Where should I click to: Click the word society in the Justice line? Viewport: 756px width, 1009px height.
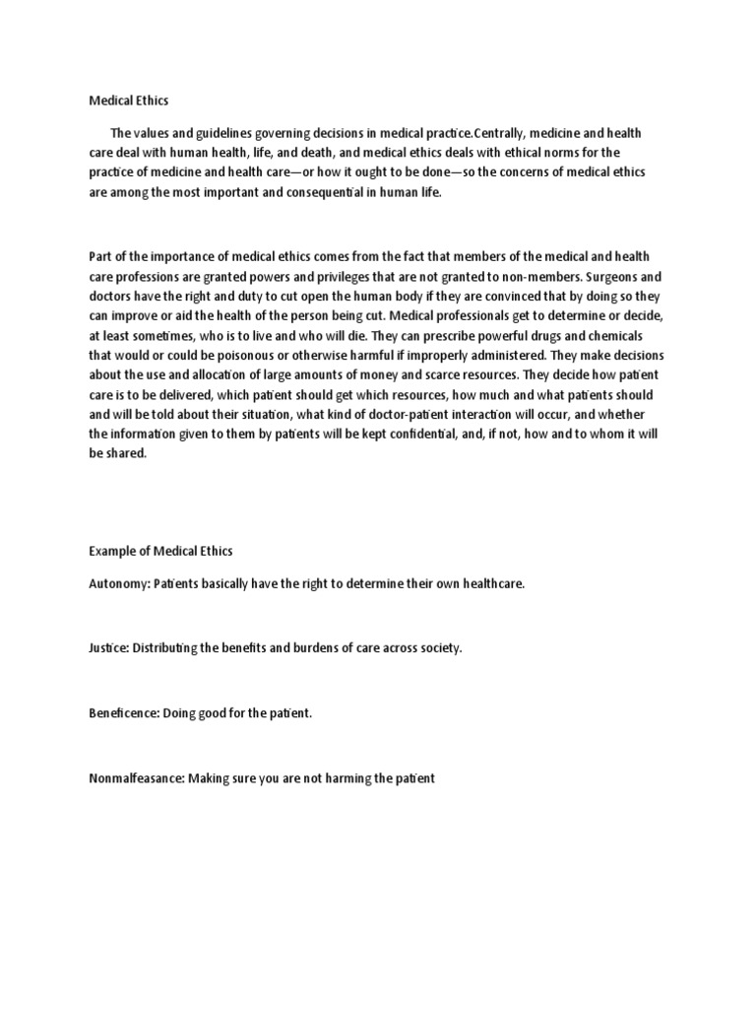(437, 649)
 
